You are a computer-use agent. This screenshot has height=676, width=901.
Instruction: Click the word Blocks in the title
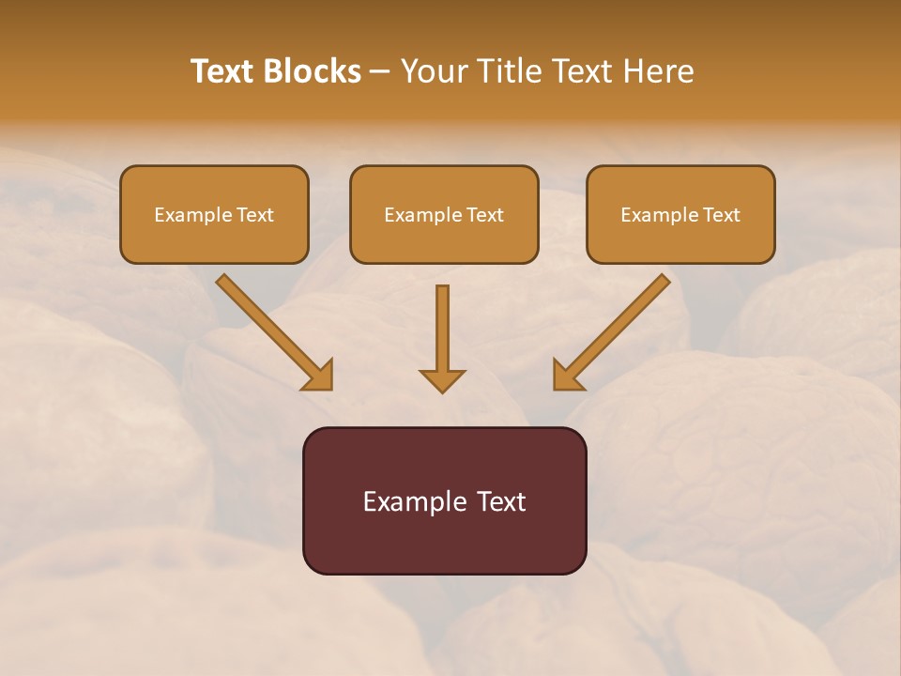(313, 71)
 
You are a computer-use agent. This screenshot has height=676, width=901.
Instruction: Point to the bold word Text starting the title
(223, 71)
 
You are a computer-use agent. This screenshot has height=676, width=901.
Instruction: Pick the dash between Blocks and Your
(380, 71)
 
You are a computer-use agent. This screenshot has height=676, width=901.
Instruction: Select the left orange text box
(214, 214)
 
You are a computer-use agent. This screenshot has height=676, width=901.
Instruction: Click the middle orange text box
(444, 214)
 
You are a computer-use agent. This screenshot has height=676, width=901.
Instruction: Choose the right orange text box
(680, 214)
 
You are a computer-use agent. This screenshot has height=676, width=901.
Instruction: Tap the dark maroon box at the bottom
(444, 500)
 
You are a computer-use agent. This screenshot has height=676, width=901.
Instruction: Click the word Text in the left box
(255, 215)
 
